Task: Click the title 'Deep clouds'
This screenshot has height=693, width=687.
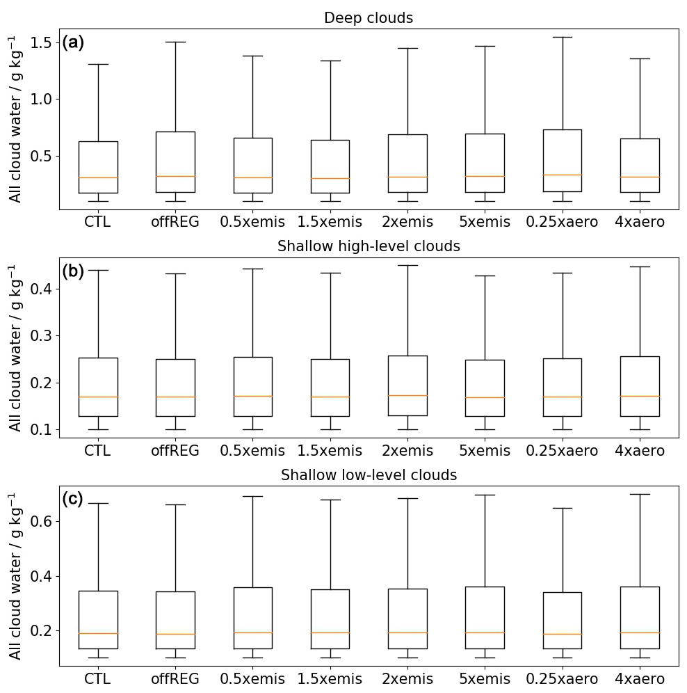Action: (369, 18)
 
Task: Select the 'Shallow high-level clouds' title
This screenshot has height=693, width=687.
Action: (369, 246)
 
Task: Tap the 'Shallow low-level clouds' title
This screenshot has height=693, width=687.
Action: (369, 475)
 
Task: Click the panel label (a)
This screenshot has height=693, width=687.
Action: (73, 43)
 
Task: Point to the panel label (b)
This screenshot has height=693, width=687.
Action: (73, 271)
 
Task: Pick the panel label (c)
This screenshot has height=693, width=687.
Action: (73, 499)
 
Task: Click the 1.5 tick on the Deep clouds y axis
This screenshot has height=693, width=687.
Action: (42, 43)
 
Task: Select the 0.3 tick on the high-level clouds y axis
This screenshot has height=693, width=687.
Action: (42, 335)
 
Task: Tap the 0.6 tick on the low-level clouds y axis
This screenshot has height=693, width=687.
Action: (42, 521)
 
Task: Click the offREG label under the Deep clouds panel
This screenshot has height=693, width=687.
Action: (175, 222)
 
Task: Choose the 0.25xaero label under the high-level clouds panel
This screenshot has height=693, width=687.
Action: (562, 451)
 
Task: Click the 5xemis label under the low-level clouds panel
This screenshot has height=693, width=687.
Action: (485, 679)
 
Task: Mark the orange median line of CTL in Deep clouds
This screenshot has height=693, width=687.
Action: (98, 177)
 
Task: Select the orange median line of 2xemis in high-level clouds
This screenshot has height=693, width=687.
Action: (407, 395)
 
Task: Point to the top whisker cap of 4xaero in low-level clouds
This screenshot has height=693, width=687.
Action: (640, 494)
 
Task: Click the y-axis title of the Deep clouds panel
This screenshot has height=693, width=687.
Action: (15, 119)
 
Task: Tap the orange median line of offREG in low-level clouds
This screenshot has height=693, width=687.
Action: (175, 634)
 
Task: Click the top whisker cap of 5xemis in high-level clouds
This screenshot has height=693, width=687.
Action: (485, 276)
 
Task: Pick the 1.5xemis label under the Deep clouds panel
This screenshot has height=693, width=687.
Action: (330, 222)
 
